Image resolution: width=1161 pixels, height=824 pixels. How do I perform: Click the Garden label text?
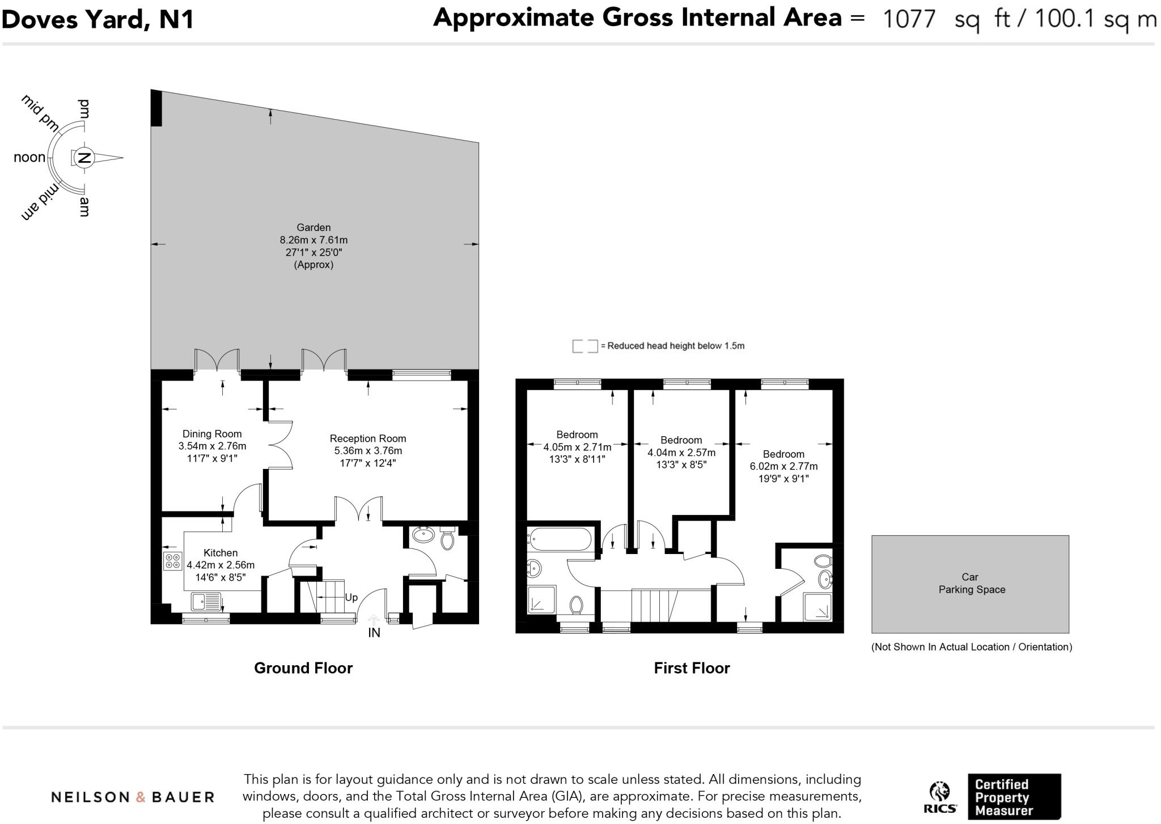coord(313,227)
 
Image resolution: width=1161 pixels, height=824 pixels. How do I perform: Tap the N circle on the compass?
coord(84,158)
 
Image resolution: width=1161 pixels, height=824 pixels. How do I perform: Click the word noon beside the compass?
coord(29,158)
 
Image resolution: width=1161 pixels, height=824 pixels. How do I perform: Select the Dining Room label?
coord(212,434)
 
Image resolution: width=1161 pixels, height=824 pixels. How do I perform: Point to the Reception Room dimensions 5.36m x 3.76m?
coord(368,451)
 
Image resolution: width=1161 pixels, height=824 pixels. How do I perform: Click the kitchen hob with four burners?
coord(172,561)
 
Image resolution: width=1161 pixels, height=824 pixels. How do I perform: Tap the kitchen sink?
coord(206,601)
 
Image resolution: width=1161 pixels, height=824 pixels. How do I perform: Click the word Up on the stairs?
coord(351,597)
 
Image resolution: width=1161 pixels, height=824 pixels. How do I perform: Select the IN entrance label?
coord(374,633)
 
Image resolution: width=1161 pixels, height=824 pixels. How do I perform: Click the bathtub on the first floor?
coord(560,539)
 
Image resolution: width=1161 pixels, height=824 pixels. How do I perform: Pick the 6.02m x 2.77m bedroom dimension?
coord(783,466)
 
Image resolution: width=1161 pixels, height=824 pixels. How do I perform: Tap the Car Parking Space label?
coord(971,583)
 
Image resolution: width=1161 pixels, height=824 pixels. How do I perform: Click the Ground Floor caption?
coord(303,668)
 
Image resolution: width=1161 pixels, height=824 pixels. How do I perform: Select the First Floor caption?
coord(692,668)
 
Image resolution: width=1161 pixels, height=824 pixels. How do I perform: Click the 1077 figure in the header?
coord(909,19)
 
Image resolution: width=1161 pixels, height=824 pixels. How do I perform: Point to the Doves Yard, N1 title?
coord(98,19)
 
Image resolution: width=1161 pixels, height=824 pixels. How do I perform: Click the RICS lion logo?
coord(939,792)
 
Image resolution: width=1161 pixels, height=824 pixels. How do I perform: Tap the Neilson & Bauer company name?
coord(133,797)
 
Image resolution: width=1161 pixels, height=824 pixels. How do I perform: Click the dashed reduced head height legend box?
coord(584,346)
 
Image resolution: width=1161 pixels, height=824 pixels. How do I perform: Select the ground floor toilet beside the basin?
coord(447,539)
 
